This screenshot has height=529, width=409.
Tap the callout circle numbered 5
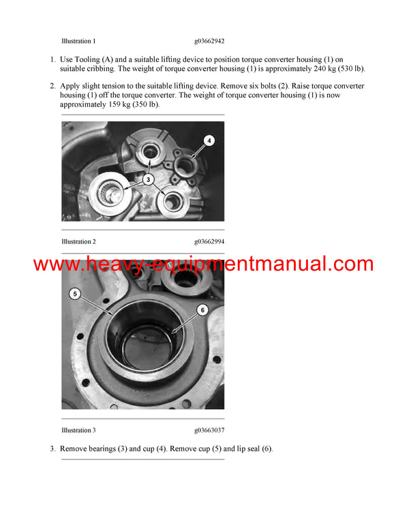click(x=75, y=294)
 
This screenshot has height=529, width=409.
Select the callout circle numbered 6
click(x=202, y=309)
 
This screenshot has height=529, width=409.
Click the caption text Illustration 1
click(x=78, y=41)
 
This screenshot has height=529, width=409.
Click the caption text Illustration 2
click(x=78, y=241)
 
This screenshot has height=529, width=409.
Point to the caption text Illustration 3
click(x=78, y=430)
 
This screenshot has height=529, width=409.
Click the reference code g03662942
click(x=209, y=41)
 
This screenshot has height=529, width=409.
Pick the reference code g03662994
click(x=209, y=241)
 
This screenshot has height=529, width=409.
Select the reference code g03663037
click(x=209, y=430)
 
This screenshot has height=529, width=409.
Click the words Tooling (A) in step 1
click(x=92, y=59)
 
